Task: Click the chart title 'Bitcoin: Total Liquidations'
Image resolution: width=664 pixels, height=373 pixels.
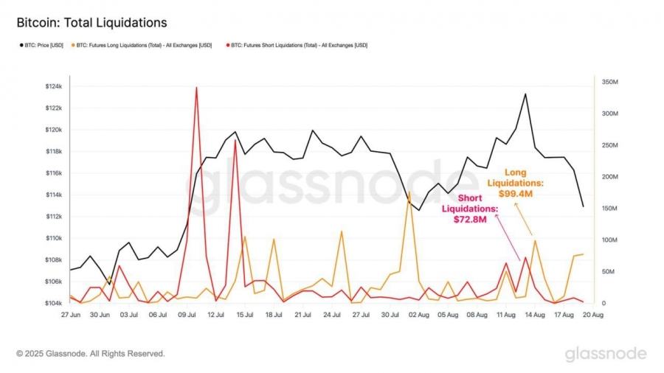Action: coord(91,23)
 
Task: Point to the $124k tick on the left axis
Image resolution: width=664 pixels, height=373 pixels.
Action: coord(54,86)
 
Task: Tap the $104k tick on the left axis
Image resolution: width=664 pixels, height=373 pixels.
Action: coord(54,304)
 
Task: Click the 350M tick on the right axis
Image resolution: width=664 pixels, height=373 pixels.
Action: coord(610,82)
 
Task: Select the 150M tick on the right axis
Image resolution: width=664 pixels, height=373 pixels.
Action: coord(610,209)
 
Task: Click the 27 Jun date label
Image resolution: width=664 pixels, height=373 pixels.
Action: coord(70,314)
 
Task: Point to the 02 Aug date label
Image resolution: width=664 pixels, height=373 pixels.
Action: coord(418,314)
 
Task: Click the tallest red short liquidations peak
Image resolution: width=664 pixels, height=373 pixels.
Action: coord(196,88)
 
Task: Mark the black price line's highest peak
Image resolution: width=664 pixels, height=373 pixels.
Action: coord(525,94)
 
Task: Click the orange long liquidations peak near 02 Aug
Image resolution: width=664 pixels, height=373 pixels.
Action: coord(409,192)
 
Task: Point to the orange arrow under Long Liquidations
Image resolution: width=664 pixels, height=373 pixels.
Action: coord(523,219)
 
